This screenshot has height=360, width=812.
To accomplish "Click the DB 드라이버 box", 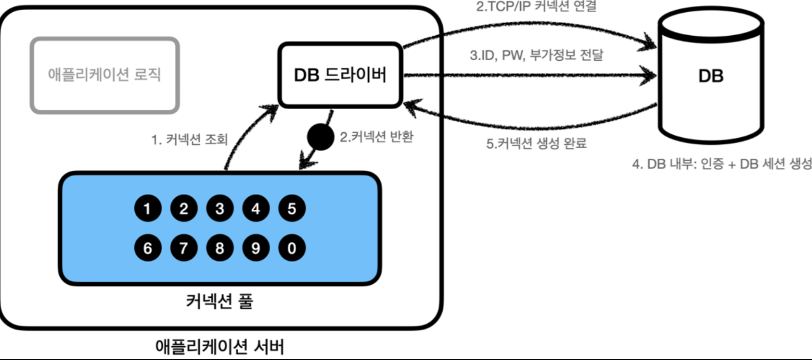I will click(340, 75).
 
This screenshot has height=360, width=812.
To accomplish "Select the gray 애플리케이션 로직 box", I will click(104, 75).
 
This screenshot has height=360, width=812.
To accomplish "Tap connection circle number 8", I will click(220, 248).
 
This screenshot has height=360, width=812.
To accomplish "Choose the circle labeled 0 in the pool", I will click(291, 248).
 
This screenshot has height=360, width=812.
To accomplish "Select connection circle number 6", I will click(148, 248).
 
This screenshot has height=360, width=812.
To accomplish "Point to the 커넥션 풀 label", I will click(220, 302).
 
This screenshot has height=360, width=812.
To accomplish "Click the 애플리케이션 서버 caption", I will click(220, 347).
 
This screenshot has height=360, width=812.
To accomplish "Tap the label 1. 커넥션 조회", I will click(190, 140).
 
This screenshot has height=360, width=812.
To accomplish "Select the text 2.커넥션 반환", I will click(377, 137).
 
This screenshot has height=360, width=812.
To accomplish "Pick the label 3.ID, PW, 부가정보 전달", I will click(537, 55).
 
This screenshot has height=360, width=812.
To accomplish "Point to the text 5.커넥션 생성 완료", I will click(537, 143).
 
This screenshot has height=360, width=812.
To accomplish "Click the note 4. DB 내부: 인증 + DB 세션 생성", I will click(721, 163).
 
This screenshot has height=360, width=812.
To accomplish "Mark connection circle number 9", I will click(256, 248).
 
